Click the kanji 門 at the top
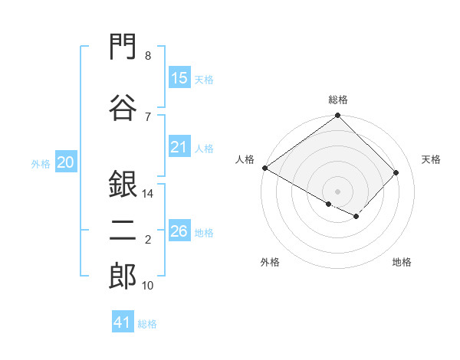pos(123,46)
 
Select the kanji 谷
pos(123,107)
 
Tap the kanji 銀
pos(123,184)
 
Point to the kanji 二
pos(123,231)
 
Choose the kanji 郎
pos(123,276)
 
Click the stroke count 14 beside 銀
pos(147,194)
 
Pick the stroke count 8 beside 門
pos(148,56)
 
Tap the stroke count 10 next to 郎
pos(147,286)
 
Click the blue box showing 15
pos(180,77)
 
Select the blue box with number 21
pos(180,146)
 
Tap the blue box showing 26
pos(180,230)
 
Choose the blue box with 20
pos(66,162)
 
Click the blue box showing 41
pos(123,321)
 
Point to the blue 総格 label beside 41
pos(147,324)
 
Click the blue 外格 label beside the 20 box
pos(41,164)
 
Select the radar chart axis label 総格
pos(338,100)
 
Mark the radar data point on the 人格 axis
pos(265,168)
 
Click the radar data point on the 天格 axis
pos(396,172)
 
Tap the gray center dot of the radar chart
pos(337,191)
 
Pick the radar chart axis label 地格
pos(402,262)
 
